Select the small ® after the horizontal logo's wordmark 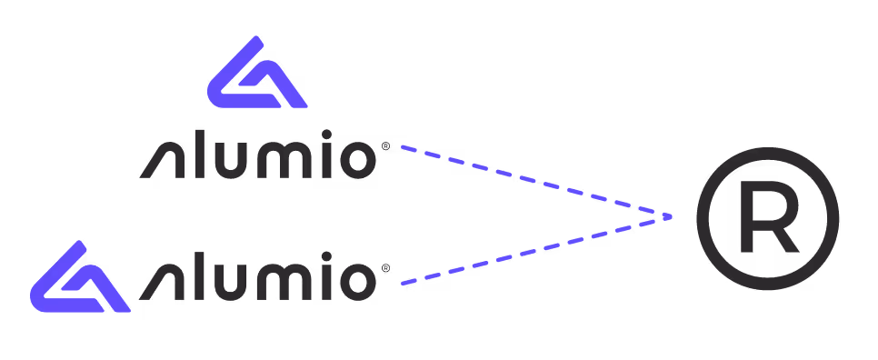(386, 268)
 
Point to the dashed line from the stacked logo (536, 182)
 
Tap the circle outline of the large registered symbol (701, 218)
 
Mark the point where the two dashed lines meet (671, 216)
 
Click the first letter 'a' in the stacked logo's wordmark (160, 161)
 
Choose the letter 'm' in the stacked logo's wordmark (282, 161)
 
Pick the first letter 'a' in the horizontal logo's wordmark (160, 284)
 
